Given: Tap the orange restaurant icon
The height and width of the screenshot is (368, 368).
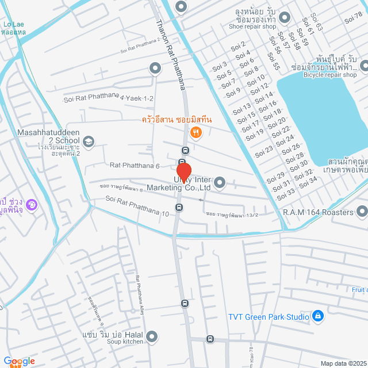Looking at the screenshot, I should (196, 132).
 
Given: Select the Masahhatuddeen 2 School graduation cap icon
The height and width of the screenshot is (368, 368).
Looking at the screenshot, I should (89, 141).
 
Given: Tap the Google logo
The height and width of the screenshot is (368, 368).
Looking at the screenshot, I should (19, 361).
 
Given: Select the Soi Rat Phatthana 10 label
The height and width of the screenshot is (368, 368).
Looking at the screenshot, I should (137, 206).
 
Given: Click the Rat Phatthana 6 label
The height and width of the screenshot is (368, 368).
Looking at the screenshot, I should (135, 166).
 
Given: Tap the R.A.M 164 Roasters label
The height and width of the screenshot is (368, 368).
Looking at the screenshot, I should (317, 213).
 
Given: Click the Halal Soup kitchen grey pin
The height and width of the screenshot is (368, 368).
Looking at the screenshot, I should (152, 336).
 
